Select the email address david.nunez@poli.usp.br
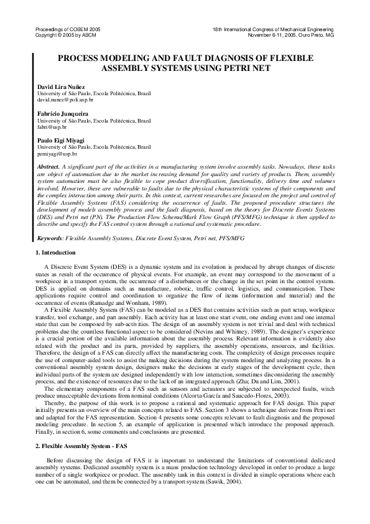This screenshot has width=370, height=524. coord(66,99)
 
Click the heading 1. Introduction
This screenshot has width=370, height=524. coord(55,253)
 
